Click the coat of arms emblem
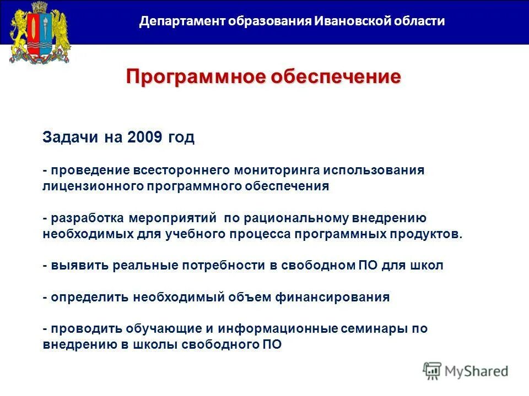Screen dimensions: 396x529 pos(40,33)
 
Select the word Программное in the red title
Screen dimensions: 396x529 pos(195,76)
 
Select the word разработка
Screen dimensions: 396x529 pos(88,218)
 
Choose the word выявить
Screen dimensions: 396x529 pos(79,266)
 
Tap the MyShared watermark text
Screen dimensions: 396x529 pos(477,371)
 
